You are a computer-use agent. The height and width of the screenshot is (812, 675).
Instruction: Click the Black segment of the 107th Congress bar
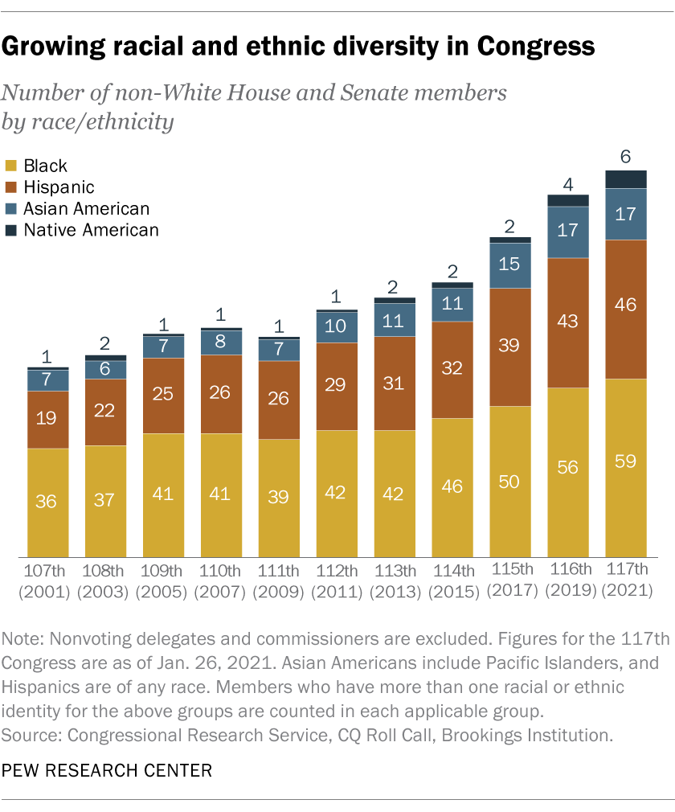(x=47, y=502)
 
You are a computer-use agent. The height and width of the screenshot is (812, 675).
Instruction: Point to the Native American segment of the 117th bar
(x=626, y=179)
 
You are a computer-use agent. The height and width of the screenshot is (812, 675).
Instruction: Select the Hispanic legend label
(x=59, y=187)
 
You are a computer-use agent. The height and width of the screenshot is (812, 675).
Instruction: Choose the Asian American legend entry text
(x=87, y=209)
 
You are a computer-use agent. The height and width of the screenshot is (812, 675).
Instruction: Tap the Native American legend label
(x=91, y=230)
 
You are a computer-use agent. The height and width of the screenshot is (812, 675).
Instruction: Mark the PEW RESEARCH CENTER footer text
(x=108, y=770)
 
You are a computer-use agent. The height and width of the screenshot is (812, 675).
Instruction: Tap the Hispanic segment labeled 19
(x=47, y=419)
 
